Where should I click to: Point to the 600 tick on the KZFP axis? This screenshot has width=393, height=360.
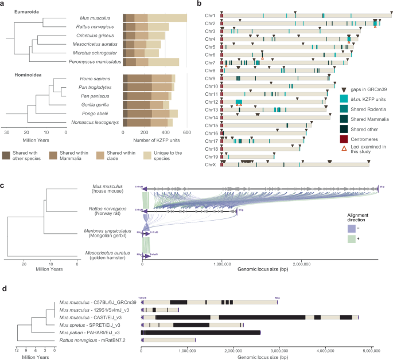(187, 132)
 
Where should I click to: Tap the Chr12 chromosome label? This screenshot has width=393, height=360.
(209, 101)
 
